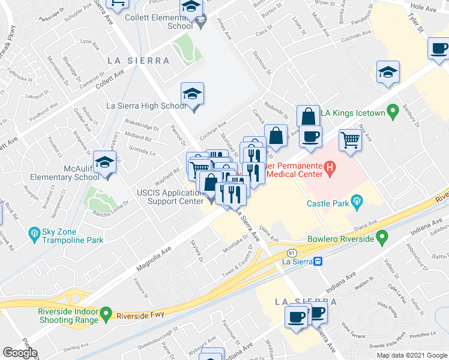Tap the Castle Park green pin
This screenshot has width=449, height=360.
(358, 202)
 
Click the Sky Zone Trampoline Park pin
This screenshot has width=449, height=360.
(34, 232)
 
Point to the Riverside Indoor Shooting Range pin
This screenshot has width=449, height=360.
(106, 313)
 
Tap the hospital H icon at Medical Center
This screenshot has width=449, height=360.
(330, 170)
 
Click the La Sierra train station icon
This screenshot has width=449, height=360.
(319, 261)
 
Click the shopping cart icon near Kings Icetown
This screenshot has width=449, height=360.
(351, 140)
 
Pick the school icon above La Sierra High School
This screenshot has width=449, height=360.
(193, 94)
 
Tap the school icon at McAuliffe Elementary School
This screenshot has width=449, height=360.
(106, 163)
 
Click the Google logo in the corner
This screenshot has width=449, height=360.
(20, 353)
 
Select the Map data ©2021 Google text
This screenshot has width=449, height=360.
(411, 355)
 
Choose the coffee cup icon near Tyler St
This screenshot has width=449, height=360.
(438, 49)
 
